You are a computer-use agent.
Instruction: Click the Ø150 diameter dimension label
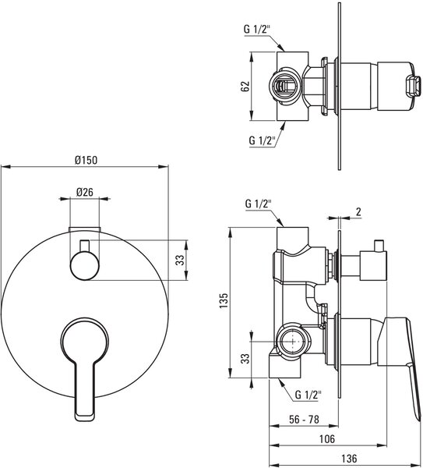click(86, 160)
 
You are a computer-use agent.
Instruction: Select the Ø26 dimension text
click(85, 192)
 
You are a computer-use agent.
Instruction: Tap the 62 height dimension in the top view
click(245, 87)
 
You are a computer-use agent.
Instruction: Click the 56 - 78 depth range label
click(304, 420)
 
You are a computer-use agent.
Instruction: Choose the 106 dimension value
click(327, 438)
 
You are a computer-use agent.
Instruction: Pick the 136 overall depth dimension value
click(349, 458)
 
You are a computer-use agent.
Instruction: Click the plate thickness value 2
click(358, 211)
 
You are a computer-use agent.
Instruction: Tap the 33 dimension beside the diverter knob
click(179, 260)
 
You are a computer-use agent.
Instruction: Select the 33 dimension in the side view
click(245, 359)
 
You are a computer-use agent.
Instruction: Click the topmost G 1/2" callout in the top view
click(256, 30)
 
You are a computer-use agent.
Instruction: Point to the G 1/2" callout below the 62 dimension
click(262, 140)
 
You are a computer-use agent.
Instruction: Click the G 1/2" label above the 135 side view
click(258, 204)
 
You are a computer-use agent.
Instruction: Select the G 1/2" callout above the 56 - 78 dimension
click(308, 395)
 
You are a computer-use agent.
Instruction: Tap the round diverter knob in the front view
click(85, 266)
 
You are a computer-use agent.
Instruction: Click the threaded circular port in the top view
click(284, 87)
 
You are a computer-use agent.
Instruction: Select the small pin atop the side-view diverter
click(379, 246)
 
